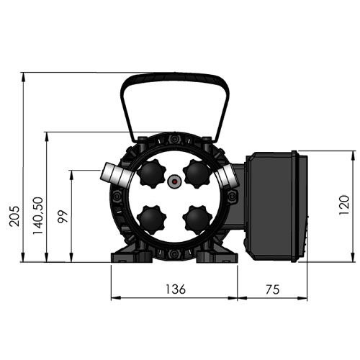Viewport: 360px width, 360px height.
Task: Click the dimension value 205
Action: pos(14,216)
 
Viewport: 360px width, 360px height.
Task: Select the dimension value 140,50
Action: pos(38,216)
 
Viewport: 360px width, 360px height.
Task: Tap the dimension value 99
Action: pos(63,217)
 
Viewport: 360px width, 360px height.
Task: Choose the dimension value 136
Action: pos(176,289)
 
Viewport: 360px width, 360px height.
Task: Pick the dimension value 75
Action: pos(273,289)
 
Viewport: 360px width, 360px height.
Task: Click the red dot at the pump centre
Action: pos(174,181)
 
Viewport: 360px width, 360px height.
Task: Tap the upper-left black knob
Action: pos(151,174)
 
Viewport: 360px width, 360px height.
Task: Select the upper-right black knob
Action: pos(197,174)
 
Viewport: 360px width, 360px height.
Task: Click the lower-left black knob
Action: pos(151,220)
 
